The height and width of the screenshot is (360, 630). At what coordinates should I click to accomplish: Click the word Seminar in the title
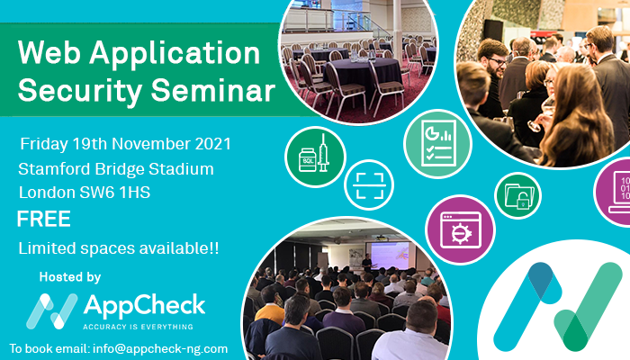pyautogui.click(x=212, y=90)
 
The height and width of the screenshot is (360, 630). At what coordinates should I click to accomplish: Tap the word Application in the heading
pyautogui.click(x=175, y=54)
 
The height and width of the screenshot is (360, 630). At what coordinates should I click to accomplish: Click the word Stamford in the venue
pyautogui.click(x=54, y=169)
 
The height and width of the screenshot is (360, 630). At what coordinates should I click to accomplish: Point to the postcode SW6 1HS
pyautogui.click(x=115, y=193)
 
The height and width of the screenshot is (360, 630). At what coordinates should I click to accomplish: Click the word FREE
pyautogui.click(x=44, y=219)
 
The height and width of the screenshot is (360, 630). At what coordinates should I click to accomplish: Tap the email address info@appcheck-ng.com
pyautogui.click(x=160, y=348)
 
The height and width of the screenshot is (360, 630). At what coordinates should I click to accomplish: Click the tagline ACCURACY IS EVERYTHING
pyautogui.click(x=138, y=327)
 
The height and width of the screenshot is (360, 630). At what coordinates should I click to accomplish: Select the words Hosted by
pyautogui.click(x=70, y=277)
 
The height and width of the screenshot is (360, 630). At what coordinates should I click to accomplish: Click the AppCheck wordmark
pyautogui.click(x=144, y=305)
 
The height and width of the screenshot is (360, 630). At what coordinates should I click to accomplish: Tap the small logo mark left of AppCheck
pyautogui.click(x=51, y=311)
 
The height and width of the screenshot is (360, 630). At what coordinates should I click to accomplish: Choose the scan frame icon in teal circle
pyautogui.click(x=369, y=185)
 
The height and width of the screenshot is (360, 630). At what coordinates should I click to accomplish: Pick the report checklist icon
pyautogui.click(x=437, y=144)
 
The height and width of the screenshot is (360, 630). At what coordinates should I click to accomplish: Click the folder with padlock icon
pyautogui.click(x=517, y=195)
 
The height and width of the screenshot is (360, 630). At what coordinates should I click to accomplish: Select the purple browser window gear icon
pyautogui.click(x=461, y=229)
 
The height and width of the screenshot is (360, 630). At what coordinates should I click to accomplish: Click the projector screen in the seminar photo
pyautogui.click(x=390, y=256)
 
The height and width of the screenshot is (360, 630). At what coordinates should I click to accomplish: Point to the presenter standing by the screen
pyautogui.click(x=366, y=263)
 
